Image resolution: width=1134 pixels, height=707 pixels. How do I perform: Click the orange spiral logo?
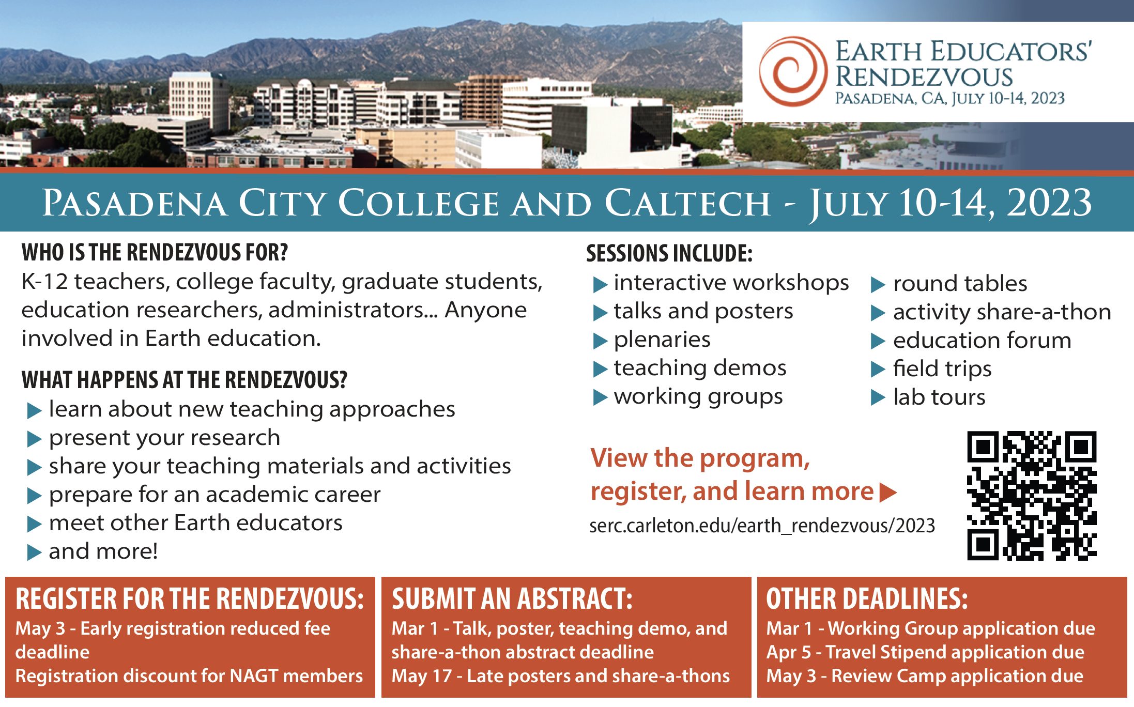[792, 71]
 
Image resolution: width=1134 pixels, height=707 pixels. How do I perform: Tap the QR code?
[1032, 496]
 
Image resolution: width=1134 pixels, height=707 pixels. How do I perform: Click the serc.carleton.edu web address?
[762, 526]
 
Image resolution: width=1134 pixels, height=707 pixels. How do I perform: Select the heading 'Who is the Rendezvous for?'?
[155, 253]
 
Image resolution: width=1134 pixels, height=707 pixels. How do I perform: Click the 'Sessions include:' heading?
[669, 253]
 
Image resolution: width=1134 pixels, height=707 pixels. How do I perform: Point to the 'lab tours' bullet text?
[939, 397]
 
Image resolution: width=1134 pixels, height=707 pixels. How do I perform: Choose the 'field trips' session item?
[942, 368]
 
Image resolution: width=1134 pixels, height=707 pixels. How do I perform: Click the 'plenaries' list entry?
[662, 340]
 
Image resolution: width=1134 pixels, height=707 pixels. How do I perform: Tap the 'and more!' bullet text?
[103, 551]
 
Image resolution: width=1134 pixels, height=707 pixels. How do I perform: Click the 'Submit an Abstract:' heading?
[512, 599]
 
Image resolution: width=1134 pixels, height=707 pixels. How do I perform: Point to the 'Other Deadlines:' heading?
[867, 599]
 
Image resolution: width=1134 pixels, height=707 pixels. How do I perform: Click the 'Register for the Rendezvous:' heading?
[190, 599]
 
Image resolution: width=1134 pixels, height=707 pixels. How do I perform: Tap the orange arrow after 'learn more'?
[888, 493]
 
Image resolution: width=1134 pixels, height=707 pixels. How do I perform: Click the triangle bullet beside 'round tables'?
[878, 285]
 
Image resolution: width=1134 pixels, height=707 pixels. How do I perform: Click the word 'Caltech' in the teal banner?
[687, 203]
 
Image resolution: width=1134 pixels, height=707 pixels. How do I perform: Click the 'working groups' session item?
[698, 397]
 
